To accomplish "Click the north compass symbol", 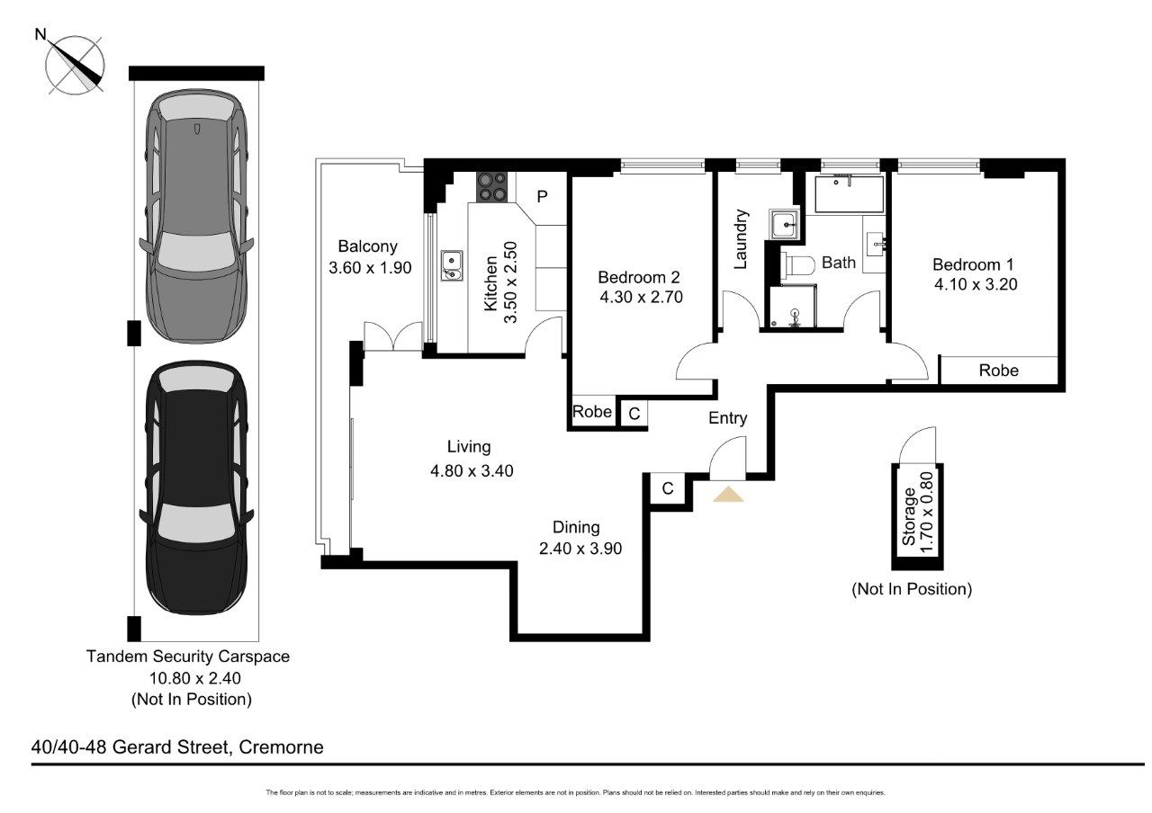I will (x=76, y=63).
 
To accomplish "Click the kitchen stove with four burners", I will (x=491, y=185).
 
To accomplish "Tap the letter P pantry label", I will (x=543, y=196).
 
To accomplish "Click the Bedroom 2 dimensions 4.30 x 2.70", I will (x=643, y=297).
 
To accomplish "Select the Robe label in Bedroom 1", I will (x=998, y=370).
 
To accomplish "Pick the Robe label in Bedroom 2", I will (x=592, y=413).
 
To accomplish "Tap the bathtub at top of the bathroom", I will (x=848, y=193).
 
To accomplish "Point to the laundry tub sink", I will (x=783, y=224).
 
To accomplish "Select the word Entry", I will (x=727, y=418).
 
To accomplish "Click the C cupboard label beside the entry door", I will (x=667, y=488).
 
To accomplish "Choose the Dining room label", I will (x=576, y=528).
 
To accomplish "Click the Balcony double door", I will (x=393, y=336).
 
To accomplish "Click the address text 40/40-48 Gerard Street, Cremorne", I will (x=177, y=747).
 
